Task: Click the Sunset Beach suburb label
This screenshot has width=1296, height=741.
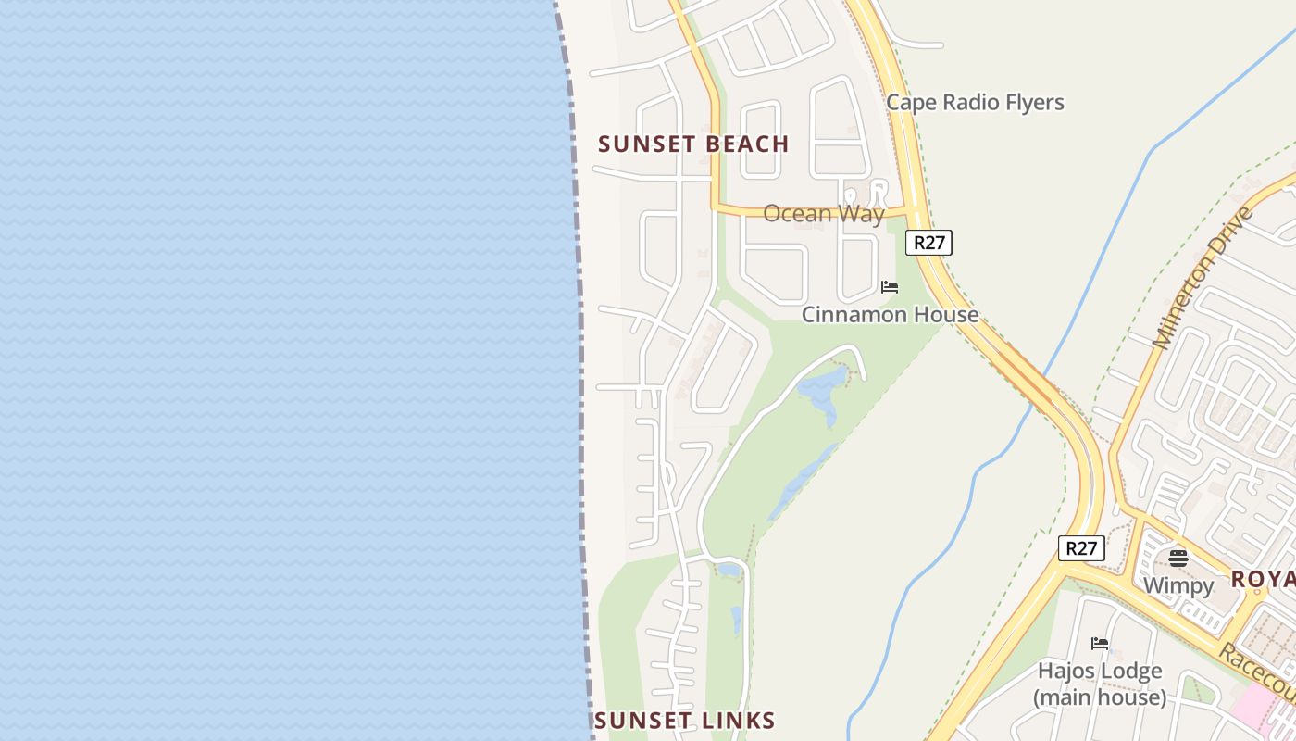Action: pyautogui.click(x=693, y=144)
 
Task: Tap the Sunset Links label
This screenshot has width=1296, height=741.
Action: pyautogui.click(x=684, y=721)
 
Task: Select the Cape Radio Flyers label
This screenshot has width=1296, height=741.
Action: pyautogui.click(x=975, y=102)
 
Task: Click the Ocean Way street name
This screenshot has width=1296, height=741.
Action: pyautogui.click(x=823, y=214)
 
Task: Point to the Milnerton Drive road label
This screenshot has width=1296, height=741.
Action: pyautogui.click(x=1203, y=278)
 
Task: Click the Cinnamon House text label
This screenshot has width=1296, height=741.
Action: pyautogui.click(x=890, y=315)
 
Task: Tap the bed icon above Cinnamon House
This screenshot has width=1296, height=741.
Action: pyautogui.click(x=890, y=287)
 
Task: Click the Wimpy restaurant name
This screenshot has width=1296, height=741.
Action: pyautogui.click(x=1178, y=585)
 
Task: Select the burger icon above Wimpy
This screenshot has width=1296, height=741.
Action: pyautogui.click(x=1178, y=559)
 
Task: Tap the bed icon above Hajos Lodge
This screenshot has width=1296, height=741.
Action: pyautogui.click(x=1100, y=644)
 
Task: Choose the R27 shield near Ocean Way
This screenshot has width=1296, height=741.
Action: pyautogui.click(x=928, y=243)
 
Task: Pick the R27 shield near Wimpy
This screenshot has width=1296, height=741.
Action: pyautogui.click(x=1081, y=548)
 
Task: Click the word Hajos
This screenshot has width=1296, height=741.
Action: pyautogui.click(x=1065, y=671)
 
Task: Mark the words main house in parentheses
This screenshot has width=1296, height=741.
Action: pyautogui.click(x=1100, y=697)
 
